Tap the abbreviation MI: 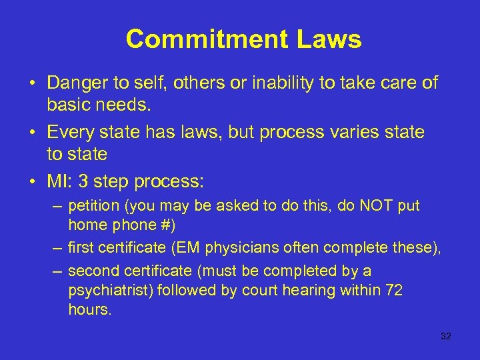(x=59, y=181)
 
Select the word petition (x=93, y=207)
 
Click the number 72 (x=393, y=291)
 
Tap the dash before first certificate (x=58, y=248)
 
